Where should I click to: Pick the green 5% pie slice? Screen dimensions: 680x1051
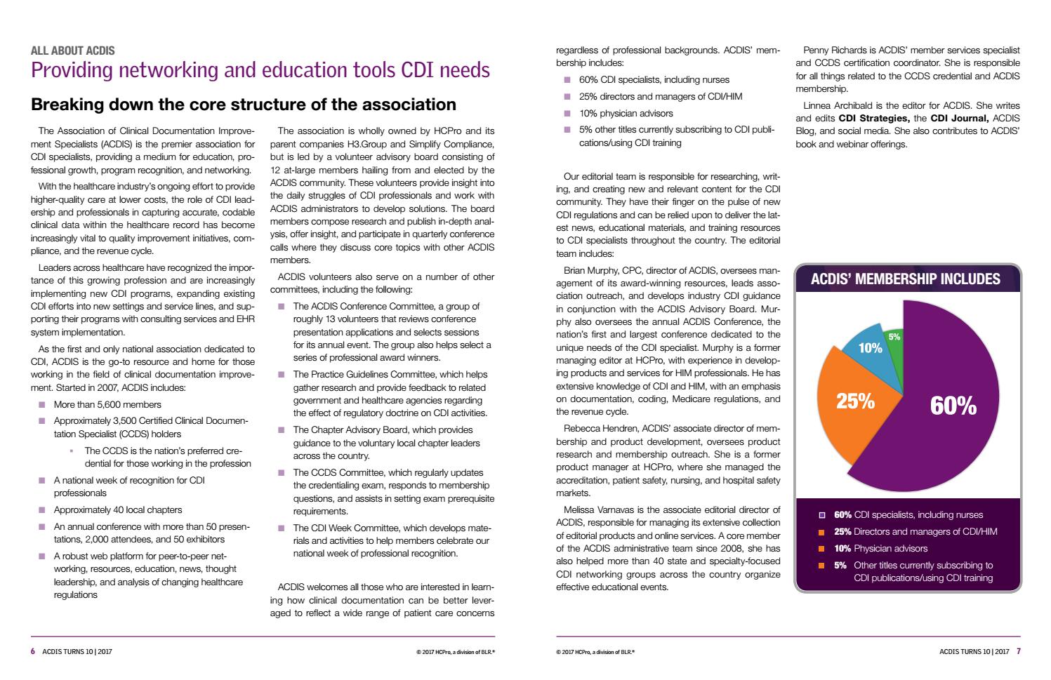[894, 336]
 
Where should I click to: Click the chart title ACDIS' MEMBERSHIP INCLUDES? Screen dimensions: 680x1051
[905, 279]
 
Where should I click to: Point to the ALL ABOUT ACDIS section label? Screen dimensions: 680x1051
[73, 51]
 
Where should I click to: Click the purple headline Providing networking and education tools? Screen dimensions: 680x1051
[260, 71]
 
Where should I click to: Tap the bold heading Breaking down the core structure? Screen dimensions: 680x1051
[244, 105]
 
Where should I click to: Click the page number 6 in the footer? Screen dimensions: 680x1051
[33, 651]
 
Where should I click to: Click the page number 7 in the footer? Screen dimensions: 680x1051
[1019, 651]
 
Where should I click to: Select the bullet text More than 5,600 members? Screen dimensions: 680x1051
[107, 404]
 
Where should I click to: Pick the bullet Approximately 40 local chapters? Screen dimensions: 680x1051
[117, 509]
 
